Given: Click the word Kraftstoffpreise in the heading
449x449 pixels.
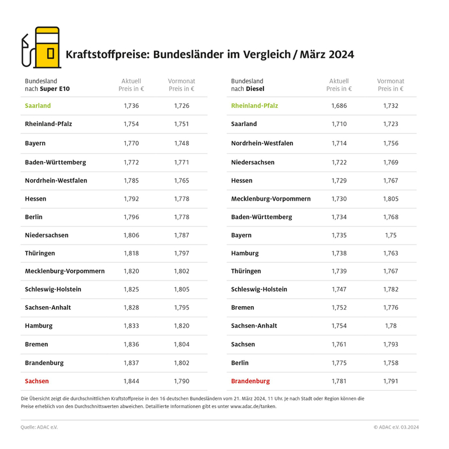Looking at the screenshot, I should coord(107,54).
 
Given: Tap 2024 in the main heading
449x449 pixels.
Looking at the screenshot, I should coord(340,54).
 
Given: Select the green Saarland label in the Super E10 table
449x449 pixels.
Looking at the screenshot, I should coord(38,106).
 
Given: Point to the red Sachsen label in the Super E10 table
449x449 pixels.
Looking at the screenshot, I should coord(37,381).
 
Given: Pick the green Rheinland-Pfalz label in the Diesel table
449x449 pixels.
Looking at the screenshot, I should coord(254,106).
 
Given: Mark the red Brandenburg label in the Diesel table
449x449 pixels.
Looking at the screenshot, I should coord(250,381).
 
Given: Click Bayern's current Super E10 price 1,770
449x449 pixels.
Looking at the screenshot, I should coord(131,143).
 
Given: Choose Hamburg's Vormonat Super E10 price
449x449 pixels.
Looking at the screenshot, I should coord(181,326).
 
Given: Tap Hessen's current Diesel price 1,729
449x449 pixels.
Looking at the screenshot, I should coord(339,180).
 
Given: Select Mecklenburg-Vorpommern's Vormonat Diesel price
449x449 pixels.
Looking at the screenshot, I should coord(391,199).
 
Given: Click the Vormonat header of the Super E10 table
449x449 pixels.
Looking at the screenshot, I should coord(181,81).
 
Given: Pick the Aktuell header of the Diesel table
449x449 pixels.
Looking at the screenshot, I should coord(339,81).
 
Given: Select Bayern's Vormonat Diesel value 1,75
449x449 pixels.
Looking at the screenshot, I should coord(391,235).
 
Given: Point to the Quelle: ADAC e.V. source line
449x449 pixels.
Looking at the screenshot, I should coord(39,427).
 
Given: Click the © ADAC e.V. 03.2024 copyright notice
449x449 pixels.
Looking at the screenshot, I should coord(396,427).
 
